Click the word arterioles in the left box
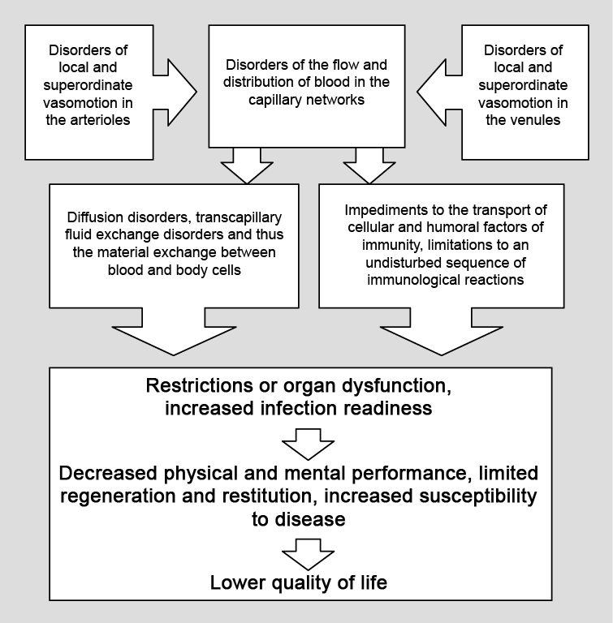coord(101,120)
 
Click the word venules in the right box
coord(537,120)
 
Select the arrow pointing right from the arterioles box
coord(175,92)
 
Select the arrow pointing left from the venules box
coord(439,92)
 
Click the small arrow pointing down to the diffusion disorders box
coord(247,165)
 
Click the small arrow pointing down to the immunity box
coord(369,165)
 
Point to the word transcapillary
coord(239,217)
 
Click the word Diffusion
coord(95,217)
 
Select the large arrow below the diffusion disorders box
coord(174,331)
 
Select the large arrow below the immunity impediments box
coord(441,331)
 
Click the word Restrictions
coord(199,386)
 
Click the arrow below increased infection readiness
coord(308,445)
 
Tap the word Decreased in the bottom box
coord(108,473)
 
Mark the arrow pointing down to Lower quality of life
coord(308,555)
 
